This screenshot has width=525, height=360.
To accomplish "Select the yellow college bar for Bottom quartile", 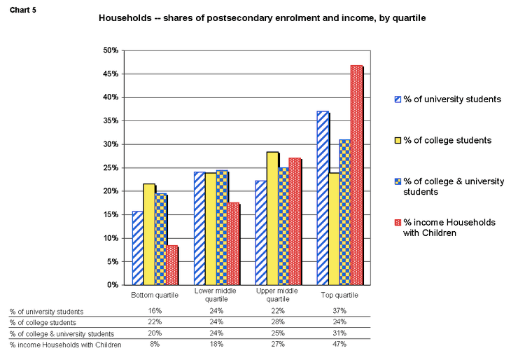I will point(149,234).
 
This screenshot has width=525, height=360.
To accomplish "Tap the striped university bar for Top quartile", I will point(322,198).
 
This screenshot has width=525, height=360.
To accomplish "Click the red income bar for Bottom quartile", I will point(172,265).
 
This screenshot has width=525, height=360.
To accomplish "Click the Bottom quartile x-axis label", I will point(155,295).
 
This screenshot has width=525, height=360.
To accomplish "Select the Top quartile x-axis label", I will point(339,295).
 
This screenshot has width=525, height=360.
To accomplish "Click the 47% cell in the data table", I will point(339,345).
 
